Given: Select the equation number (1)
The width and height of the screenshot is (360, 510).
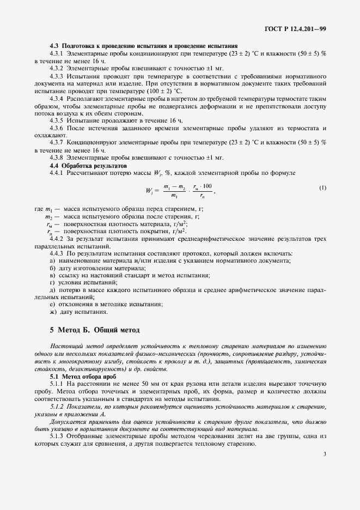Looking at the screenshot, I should click(x=323, y=188).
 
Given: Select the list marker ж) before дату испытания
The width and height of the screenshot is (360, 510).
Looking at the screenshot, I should click(x=53, y=312).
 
